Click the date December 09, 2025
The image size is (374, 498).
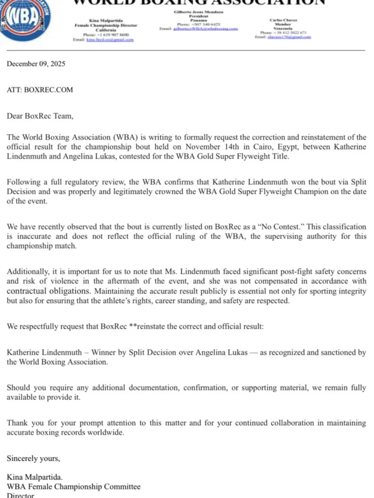click(36, 64)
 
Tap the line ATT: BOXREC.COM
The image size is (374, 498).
click(40, 89)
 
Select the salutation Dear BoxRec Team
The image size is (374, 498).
click(40, 116)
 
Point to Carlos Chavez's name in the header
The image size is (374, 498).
click(283, 20)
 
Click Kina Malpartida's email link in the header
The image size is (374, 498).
click(110, 40)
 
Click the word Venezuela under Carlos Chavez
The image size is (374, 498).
click(283, 29)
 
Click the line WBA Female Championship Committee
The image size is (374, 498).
click(73, 486)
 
